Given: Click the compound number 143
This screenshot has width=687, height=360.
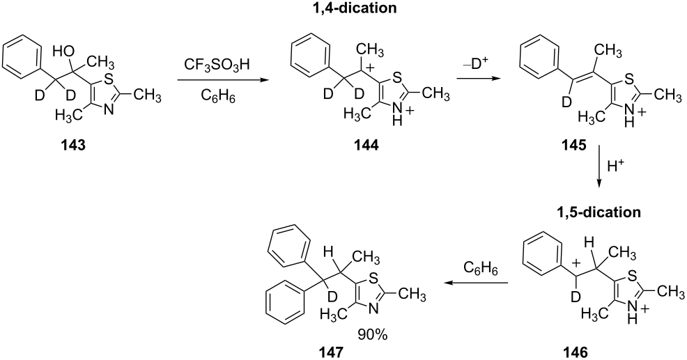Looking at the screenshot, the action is coord(74,146).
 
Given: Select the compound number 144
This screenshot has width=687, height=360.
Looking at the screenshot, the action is coord(367,146).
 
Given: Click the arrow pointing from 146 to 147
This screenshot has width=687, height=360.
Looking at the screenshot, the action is coord(476,283).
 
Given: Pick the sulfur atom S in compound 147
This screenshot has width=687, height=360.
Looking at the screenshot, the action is coord(373,279).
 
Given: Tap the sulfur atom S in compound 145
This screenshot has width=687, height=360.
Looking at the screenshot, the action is coord(629,79).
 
